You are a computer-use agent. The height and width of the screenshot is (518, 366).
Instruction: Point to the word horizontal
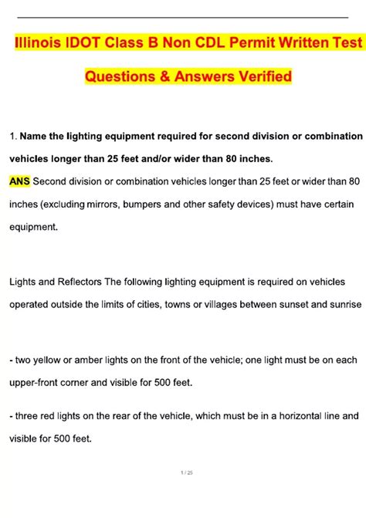pyautogui.click(x=297, y=415)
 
